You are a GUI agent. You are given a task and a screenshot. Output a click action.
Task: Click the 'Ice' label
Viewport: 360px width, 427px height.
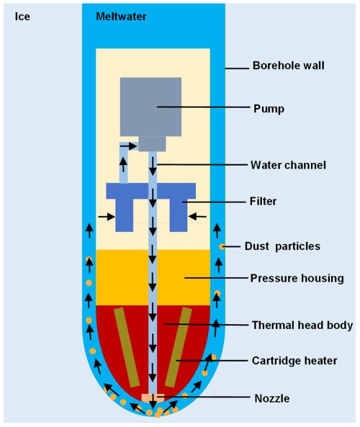tap(22, 17)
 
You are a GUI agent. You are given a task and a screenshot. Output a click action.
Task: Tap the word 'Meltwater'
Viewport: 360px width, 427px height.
tap(121, 17)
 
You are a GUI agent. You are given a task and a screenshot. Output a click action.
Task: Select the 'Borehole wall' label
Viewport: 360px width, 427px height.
tap(289, 66)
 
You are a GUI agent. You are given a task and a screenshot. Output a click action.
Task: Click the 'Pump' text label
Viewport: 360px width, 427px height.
tap(269, 109)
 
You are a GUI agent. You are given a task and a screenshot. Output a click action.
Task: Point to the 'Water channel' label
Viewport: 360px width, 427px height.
tap(288, 165)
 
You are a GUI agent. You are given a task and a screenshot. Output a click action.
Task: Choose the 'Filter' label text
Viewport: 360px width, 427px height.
tap(263, 202)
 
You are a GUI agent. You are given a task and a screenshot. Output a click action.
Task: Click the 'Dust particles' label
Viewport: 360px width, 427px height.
tap(282, 246)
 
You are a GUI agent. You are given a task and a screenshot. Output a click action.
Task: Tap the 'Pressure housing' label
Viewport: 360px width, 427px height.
tap(297, 279)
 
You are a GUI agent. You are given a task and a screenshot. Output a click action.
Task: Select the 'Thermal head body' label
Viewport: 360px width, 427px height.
tap(302, 325)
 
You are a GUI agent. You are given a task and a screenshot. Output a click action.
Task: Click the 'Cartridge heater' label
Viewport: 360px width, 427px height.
tap(294, 361)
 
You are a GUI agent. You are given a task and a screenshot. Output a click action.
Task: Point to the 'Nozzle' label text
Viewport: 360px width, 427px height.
tap(272, 398)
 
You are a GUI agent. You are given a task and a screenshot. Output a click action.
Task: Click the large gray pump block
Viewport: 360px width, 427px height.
tap(151, 107)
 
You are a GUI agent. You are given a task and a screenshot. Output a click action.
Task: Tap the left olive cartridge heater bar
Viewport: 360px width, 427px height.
tap(127, 347)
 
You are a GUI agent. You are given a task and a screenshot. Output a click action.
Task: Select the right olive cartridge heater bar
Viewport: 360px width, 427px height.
tap(179, 347)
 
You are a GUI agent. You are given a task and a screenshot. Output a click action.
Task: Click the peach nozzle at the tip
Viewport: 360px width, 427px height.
tap(153, 398)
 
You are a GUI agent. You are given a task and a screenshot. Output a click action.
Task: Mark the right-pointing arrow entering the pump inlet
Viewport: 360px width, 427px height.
tap(129, 146)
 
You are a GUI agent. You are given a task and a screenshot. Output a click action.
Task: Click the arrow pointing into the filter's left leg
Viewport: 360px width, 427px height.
tap(107, 217)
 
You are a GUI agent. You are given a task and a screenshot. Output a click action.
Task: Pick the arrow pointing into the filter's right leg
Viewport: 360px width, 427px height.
tap(197, 217)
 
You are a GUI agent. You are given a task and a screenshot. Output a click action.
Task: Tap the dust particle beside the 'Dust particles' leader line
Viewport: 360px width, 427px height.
tap(222, 247)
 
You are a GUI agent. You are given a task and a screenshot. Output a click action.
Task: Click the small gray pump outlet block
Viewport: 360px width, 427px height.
tap(152, 144)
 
